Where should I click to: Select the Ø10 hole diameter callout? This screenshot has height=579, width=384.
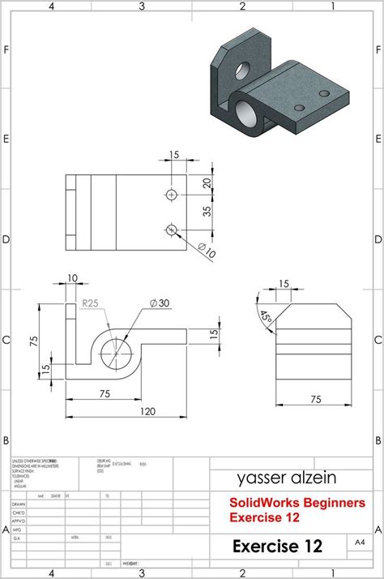(206, 252)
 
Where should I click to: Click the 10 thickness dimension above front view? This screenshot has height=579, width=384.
(74, 278)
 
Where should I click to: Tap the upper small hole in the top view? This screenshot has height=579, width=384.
(171, 195)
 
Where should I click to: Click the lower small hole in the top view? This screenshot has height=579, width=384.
(171, 229)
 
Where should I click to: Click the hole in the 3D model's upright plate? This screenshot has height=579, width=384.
(243, 71)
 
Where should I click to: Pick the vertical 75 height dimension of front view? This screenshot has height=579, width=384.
(34, 341)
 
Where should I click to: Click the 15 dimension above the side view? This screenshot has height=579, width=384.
(284, 284)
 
